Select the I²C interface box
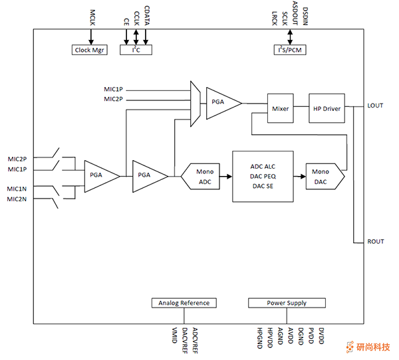click(x=136, y=50)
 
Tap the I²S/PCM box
click(x=290, y=50)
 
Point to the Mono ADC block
click(x=204, y=176)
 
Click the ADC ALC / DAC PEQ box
click(x=263, y=176)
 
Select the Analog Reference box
click(x=184, y=303)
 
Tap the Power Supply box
click(x=287, y=303)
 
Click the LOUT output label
click(x=375, y=106)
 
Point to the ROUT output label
click(x=376, y=241)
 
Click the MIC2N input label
click(x=17, y=199)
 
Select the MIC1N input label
click(x=17, y=189)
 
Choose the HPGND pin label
click(x=260, y=337)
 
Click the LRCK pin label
click(x=275, y=17)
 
